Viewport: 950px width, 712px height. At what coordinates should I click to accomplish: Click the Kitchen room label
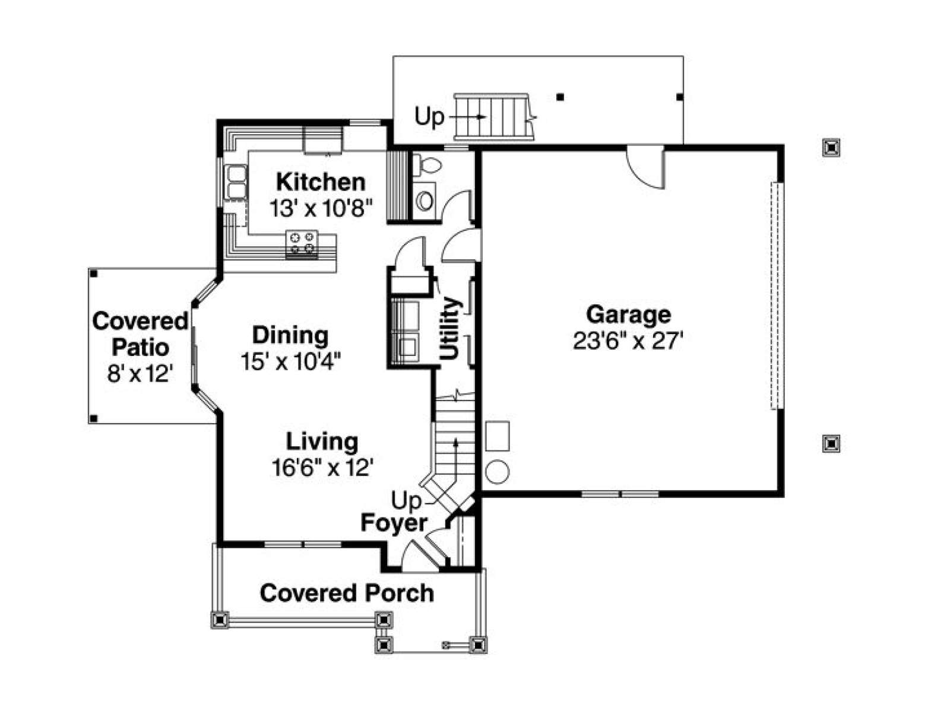coord(321,182)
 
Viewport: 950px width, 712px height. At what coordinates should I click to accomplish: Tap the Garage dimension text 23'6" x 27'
coord(628,341)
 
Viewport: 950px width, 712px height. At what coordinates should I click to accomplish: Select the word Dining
coord(290,335)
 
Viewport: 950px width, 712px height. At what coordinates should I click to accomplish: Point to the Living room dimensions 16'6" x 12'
coord(322,468)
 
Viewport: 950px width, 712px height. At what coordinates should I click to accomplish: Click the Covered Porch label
coord(347,593)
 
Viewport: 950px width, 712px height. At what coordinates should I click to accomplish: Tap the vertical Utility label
coord(449,328)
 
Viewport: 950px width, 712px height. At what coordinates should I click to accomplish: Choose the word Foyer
coord(394,523)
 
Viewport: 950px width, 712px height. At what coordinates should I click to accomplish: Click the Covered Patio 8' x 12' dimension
coord(140,374)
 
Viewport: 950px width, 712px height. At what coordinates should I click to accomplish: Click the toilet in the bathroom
coord(427,165)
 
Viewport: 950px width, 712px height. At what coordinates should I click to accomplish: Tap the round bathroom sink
coord(425,201)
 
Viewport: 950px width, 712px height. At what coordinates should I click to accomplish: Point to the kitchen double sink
coord(236,182)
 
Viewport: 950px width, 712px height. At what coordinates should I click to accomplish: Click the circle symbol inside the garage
coord(498,472)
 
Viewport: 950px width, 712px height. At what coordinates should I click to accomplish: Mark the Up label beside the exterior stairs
coord(429,117)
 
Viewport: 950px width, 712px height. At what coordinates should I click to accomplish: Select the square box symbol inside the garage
coord(498,436)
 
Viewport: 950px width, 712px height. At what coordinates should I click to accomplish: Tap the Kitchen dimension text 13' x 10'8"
coord(321,208)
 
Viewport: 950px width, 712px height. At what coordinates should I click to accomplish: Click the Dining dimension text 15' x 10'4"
coord(291,361)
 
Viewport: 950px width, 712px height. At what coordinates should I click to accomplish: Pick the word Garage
coord(628,314)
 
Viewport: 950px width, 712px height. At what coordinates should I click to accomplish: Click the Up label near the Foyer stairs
coord(406,501)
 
